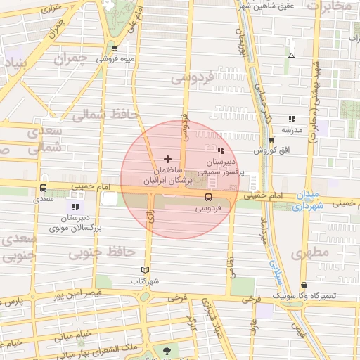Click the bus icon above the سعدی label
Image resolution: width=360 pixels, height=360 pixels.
(44, 188)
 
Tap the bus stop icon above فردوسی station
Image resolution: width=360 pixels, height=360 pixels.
(208, 198)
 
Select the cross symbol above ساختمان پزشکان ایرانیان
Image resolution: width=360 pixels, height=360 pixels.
(167, 159)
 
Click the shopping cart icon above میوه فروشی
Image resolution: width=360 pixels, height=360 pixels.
(115, 49)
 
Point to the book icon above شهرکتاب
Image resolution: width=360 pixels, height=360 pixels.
(146, 270)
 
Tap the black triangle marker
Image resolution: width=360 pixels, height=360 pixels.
(291, 56)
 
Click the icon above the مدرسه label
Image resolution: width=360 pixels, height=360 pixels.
(292, 119)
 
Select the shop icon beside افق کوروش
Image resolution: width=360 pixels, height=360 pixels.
(271, 140)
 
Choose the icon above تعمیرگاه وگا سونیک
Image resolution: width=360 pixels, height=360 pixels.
(304, 285)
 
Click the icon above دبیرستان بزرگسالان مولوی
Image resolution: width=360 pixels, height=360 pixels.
(75, 207)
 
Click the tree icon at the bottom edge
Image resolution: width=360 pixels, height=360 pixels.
(167, 351)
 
